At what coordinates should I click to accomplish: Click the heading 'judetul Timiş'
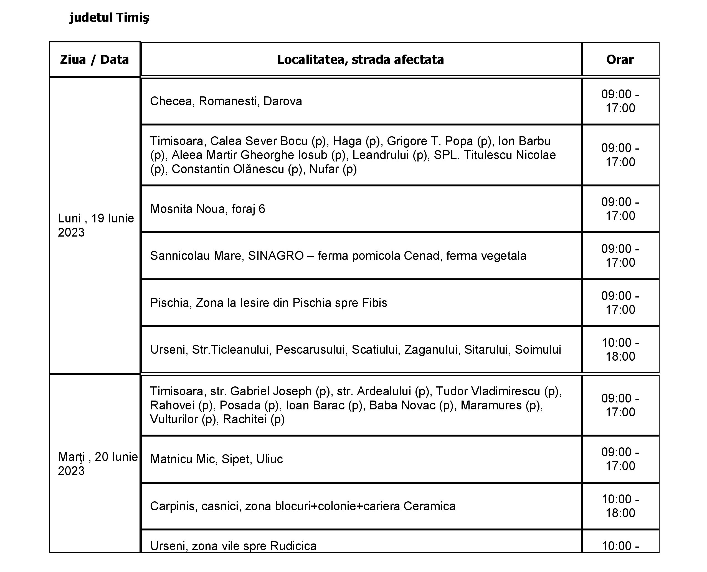tap(109, 17)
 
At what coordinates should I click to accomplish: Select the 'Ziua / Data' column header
tap(94, 60)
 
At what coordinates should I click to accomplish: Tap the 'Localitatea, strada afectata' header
tap(360, 60)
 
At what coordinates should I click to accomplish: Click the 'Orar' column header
tap(620, 60)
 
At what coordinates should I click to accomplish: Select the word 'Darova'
tap(283, 101)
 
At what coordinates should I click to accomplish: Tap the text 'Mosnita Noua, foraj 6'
tap(207, 209)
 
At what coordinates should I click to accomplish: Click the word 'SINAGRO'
tap(276, 256)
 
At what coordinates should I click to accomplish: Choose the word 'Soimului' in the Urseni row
tap(538, 350)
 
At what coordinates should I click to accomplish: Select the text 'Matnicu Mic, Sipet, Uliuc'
tap(216, 459)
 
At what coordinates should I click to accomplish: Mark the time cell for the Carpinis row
tap(620, 506)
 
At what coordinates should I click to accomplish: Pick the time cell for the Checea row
tap(620, 101)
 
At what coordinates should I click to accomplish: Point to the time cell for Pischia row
tap(620, 303)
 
